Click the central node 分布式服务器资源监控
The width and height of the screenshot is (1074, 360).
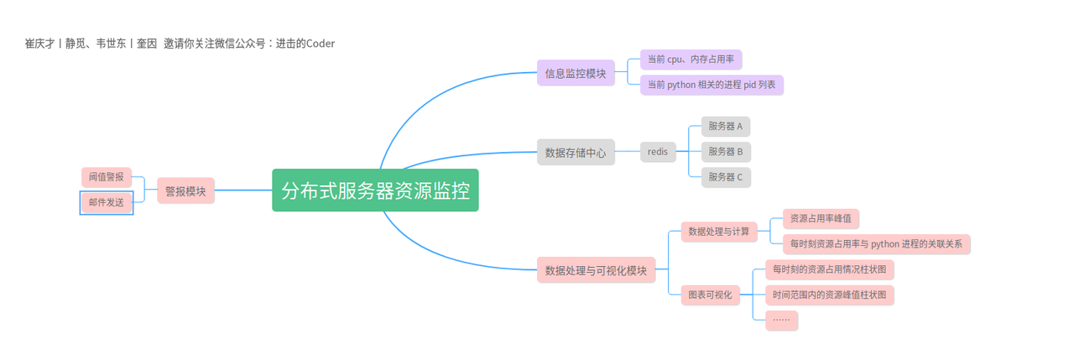pos(375,190)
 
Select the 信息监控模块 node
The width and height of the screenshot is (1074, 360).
pos(576,73)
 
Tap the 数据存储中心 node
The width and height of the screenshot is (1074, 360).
pos(576,153)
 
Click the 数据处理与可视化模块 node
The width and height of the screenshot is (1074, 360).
pos(596,270)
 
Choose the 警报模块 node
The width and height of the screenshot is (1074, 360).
pos(185,190)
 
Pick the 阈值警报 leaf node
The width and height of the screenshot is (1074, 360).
pos(107,177)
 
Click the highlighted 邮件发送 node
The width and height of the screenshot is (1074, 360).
pos(107,202)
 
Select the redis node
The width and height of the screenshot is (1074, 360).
pos(658,152)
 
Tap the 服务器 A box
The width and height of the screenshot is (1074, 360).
pos(726,127)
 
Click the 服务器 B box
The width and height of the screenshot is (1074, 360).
pos(726,152)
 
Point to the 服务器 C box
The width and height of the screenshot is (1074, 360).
pos(726,177)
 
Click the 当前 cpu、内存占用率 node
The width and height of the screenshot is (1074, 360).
pos(691,60)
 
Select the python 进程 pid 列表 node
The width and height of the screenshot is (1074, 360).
pos(712,85)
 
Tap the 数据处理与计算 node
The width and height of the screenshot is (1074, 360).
pos(719,231)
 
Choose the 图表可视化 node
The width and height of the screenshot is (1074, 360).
pos(710,295)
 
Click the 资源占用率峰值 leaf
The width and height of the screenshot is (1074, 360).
pos(821,219)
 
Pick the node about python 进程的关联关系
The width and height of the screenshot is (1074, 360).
pos(876,244)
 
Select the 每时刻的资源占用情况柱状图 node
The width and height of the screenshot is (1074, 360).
pos(829,269)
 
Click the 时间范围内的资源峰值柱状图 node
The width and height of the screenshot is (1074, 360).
pos(829,295)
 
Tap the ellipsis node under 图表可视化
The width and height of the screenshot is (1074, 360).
pos(781,320)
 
